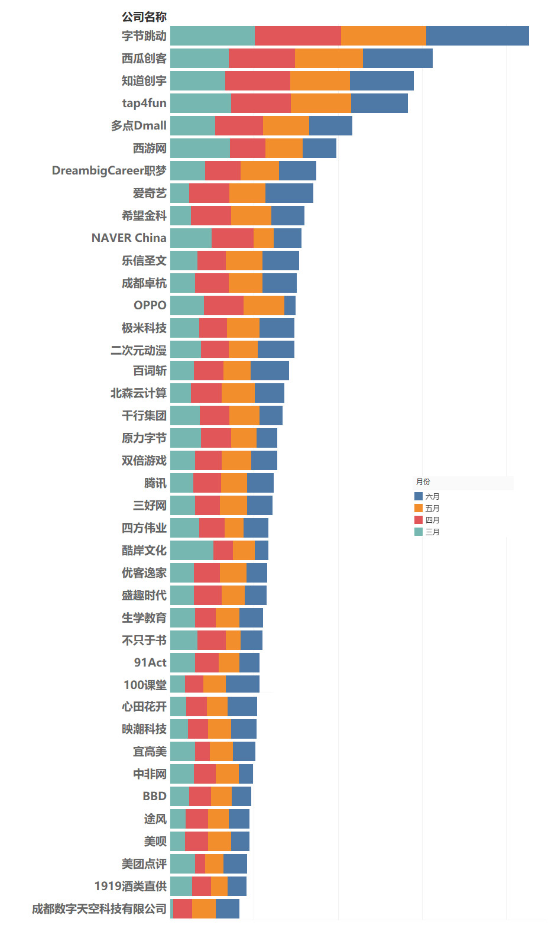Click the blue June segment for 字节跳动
tap(477, 36)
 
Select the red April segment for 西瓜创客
tap(261, 59)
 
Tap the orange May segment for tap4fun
tap(320, 104)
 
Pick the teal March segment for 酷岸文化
tap(192, 551)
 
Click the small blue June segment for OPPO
tap(290, 306)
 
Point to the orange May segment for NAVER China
tap(264, 238)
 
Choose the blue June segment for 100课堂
tap(242, 684)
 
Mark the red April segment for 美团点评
tap(200, 864)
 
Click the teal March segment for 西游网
tap(200, 148)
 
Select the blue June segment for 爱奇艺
tap(289, 193)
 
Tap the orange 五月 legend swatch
tap(419, 509)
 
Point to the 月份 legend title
tap(423, 482)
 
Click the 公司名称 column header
tap(144, 17)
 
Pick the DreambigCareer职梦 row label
tap(109, 171)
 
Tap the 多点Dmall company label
tap(139, 126)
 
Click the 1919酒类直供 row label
tap(131, 886)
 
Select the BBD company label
tap(154, 796)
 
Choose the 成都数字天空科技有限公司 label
tap(99, 908)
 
